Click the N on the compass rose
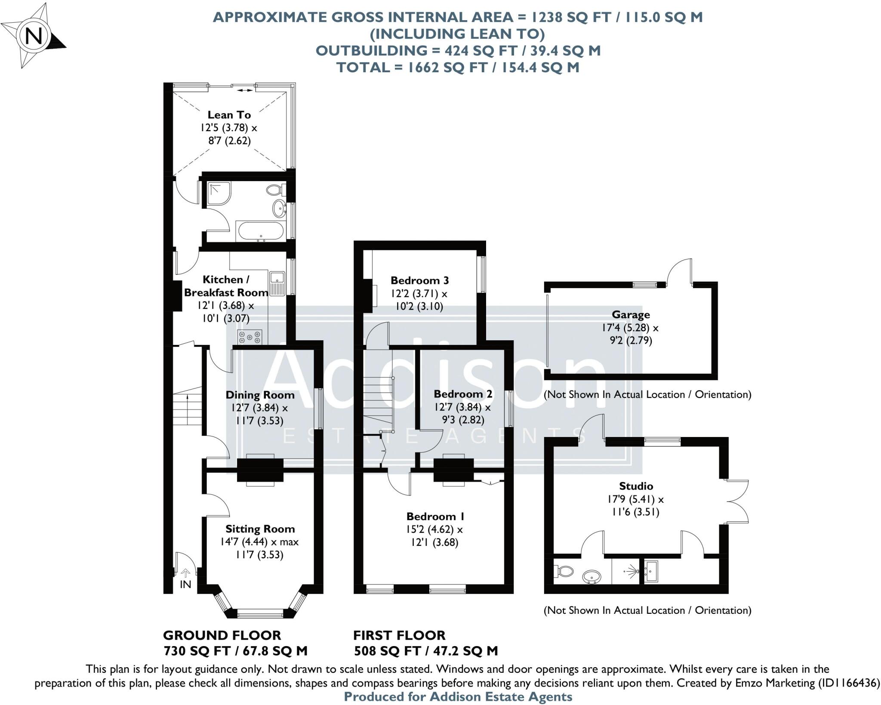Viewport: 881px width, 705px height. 34,36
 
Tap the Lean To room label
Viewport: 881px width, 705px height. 229,115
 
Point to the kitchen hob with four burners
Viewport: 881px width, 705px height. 250,337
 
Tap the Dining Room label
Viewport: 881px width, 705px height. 260,395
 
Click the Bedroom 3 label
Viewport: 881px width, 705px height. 419,280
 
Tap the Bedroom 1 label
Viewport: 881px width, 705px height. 435,516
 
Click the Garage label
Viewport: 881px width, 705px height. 631,314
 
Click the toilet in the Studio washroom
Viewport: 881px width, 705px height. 564,571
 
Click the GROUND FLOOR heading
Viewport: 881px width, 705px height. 222,635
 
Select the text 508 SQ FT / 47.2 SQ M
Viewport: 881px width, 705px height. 425,651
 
